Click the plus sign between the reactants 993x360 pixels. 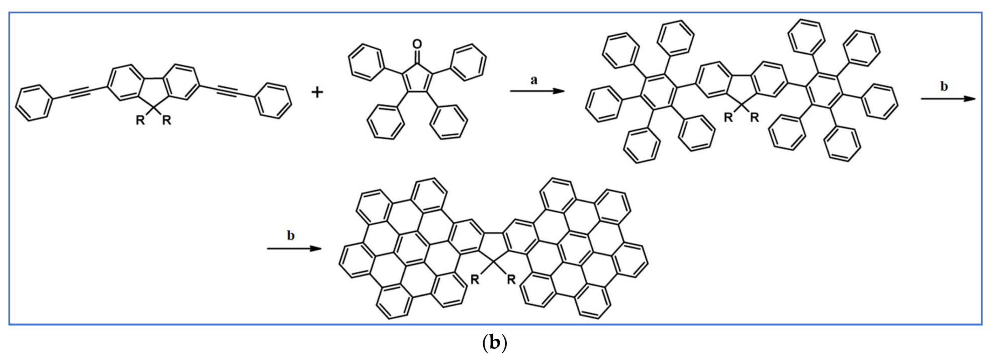(x=317, y=93)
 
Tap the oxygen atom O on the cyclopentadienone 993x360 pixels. (x=417, y=44)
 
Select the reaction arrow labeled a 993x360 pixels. (x=537, y=91)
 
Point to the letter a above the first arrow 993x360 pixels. (x=534, y=79)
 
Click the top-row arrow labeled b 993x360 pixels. (x=948, y=99)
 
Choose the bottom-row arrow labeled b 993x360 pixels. (x=294, y=248)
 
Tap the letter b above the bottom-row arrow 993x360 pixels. (x=291, y=235)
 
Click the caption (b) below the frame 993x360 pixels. (x=495, y=343)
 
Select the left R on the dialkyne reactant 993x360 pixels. (x=141, y=121)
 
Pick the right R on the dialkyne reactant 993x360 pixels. (x=166, y=121)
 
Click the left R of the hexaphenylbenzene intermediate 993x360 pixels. (x=728, y=118)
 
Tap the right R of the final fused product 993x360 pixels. (x=511, y=280)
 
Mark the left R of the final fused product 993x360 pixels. (x=475, y=280)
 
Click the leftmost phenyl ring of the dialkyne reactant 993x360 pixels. (x=34, y=103)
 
